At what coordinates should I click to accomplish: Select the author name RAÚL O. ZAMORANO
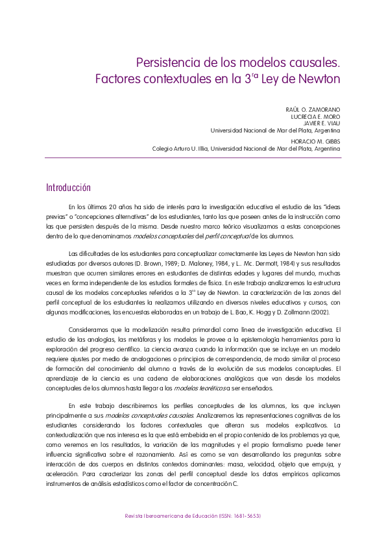[313, 109]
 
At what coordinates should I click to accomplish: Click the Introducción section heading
[68, 188]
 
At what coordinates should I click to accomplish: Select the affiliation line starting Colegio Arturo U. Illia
[246, 148]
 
